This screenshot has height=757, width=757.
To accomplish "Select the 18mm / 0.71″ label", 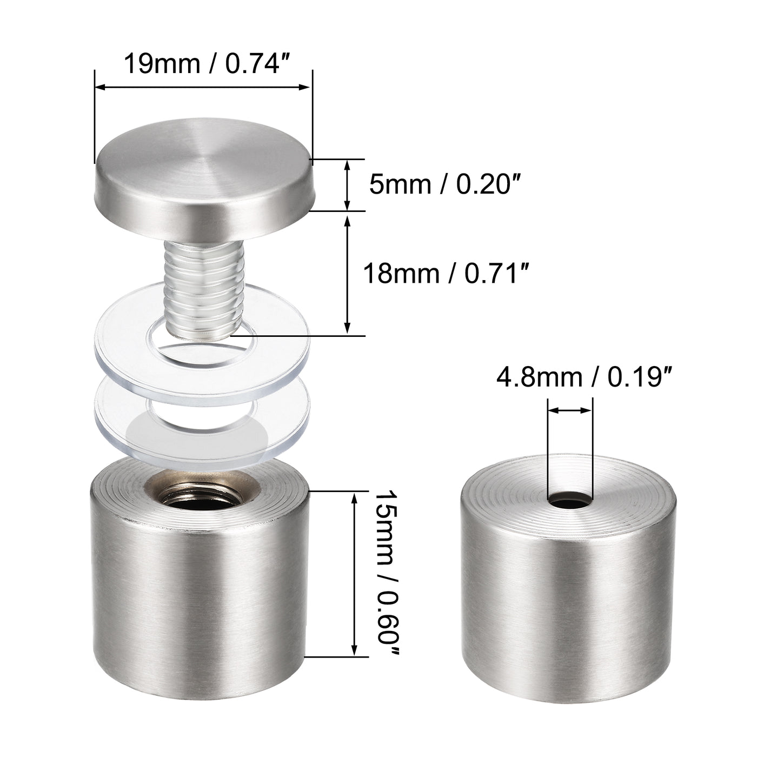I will pos(445,273).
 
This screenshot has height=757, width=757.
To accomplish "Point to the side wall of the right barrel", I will pos(568,611).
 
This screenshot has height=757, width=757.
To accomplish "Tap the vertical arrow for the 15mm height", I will pos(355,573).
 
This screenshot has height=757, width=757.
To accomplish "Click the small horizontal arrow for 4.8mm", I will pos(570,411).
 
